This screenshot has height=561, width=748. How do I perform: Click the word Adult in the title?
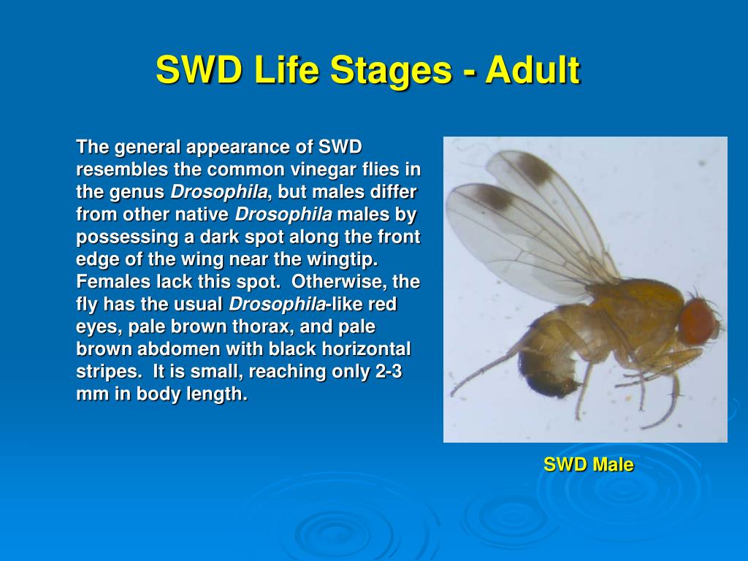pos(533,71)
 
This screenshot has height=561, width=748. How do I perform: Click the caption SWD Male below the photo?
pos(588,465)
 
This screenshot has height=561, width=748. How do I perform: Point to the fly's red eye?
pos(698,321)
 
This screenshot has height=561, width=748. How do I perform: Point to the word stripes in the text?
pos(107,371)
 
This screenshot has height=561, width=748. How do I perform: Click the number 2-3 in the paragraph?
pos(389,371)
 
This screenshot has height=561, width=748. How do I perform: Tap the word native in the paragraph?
pos(204,215)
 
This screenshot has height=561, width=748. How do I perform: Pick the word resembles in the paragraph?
pos(122,169)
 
